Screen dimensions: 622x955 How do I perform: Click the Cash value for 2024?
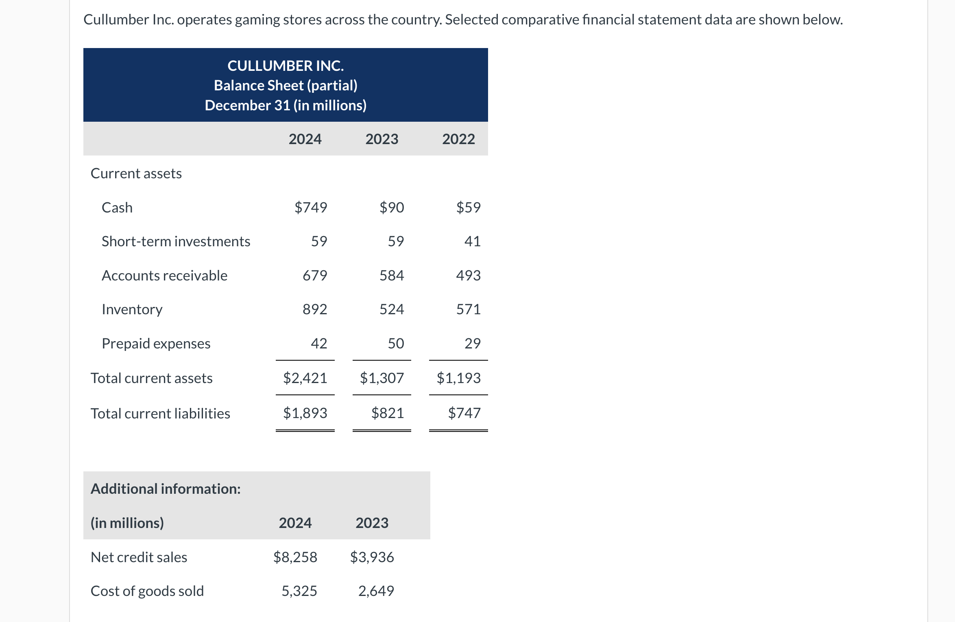[311, 208]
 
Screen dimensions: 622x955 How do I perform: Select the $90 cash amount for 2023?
[391, 208]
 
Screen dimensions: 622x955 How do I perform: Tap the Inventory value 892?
[315, 309]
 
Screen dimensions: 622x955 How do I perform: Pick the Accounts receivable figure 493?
[468, 276]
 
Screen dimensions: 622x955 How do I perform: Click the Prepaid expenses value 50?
[395, 344]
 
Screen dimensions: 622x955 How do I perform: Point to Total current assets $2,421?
[305, 378]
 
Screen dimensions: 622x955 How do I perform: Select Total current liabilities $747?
[464, 413]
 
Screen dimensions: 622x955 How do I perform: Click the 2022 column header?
[458, 139]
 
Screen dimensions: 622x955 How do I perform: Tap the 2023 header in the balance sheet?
[382, 139]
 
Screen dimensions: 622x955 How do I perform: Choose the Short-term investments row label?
[176, 241]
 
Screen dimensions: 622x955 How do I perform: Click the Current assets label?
[136, 173]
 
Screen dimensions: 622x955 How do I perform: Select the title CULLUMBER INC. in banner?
[286, 66]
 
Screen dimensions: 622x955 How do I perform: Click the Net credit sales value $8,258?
[295, 557]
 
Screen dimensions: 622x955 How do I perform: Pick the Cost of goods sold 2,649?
[376, 591]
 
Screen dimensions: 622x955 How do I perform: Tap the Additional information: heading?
[166, 489]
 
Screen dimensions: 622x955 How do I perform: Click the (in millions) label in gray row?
[127, 523]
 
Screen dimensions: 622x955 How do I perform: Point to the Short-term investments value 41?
[472, 241]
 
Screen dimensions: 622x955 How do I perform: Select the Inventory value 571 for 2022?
[468, 309]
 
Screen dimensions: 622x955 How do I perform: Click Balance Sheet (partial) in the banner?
[286, 85]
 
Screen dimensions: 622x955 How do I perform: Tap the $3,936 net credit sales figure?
[372, 557]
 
